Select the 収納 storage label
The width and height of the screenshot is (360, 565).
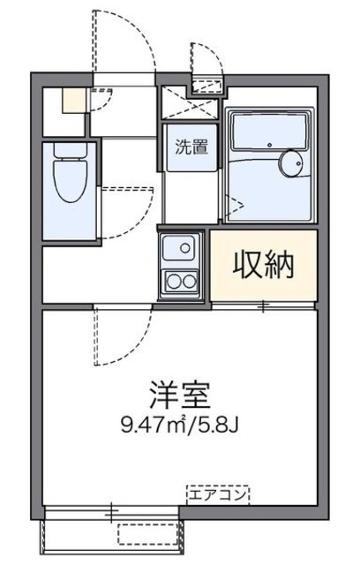(x=262, y=263)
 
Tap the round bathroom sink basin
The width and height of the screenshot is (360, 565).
(x=291, y=163)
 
